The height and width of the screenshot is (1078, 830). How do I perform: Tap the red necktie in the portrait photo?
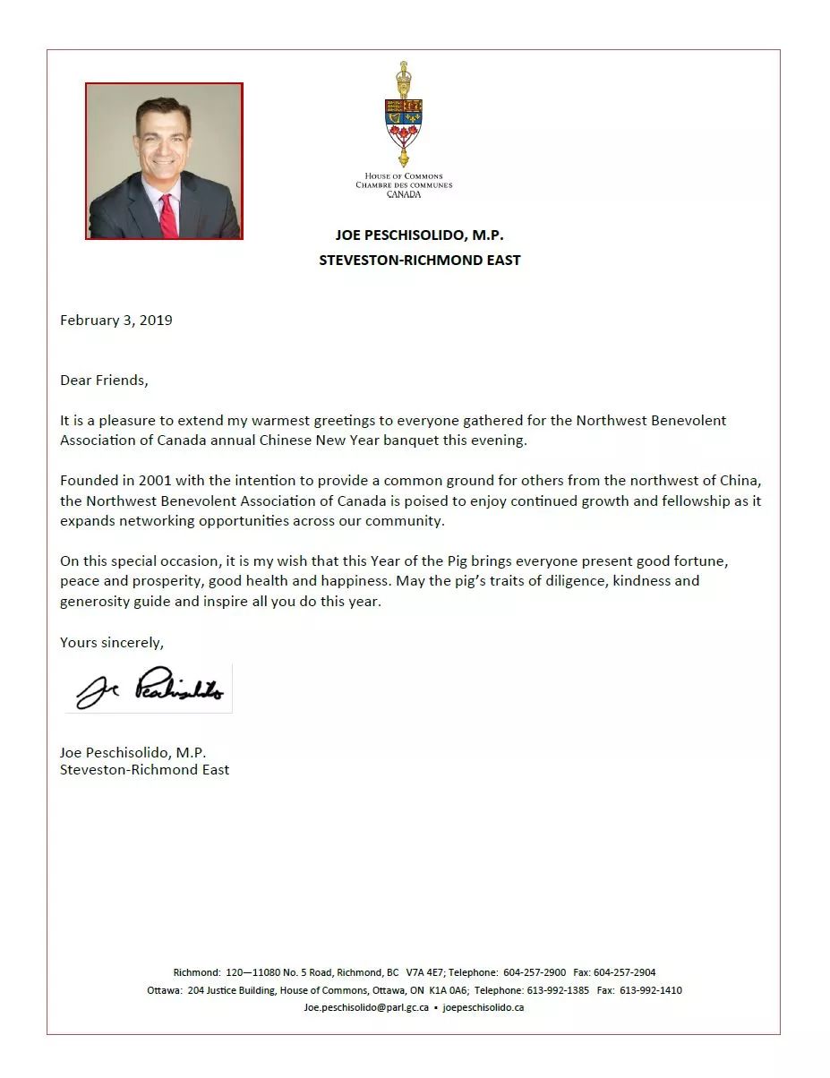point(167,214)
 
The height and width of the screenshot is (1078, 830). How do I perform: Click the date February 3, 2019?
point(116,320)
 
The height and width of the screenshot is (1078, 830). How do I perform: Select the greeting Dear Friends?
point(103,380)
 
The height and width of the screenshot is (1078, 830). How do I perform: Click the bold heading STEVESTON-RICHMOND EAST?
point(420,261)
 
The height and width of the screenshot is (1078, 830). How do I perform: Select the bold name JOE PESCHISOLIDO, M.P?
point(420,235)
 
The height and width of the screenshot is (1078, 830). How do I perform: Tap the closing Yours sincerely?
point(112,642)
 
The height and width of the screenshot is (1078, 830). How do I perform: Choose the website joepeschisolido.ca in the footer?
point(483,1007)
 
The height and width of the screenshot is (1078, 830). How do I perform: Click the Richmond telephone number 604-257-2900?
point(535,972)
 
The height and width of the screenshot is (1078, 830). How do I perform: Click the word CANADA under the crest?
point(404,193)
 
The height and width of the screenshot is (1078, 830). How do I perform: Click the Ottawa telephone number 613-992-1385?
point(558,990)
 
